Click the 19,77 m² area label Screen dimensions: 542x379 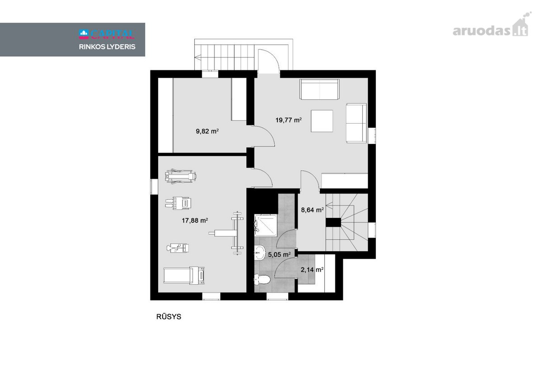[x=289, y=120]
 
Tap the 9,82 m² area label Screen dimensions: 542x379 [x=207, y=131]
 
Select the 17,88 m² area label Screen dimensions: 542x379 [x=195, y=221]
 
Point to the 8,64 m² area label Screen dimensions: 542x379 [x=313, y=209]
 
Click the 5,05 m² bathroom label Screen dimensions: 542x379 [x=279, y=254]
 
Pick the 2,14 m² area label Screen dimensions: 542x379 [x=312, y=269]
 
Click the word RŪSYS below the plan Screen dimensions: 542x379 [x=168, y=317]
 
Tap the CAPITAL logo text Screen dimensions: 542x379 [x=107, y=34]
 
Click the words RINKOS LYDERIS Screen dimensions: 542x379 [x=107, y=47]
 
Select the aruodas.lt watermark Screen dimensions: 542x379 [x=492, y=28]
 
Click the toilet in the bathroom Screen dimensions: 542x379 [x=262, y=280]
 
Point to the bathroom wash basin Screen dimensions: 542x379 [x=260, y=253]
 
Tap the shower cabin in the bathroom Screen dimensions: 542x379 [x=266, y=225]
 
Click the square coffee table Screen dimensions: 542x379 [x=322, y=121]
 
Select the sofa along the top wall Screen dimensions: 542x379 [x=319, y=89]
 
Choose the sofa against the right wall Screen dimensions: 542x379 [x=356, y=123]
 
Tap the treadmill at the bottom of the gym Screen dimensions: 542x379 [x=184, y=276]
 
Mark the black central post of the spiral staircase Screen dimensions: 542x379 [x=333, y=222]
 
